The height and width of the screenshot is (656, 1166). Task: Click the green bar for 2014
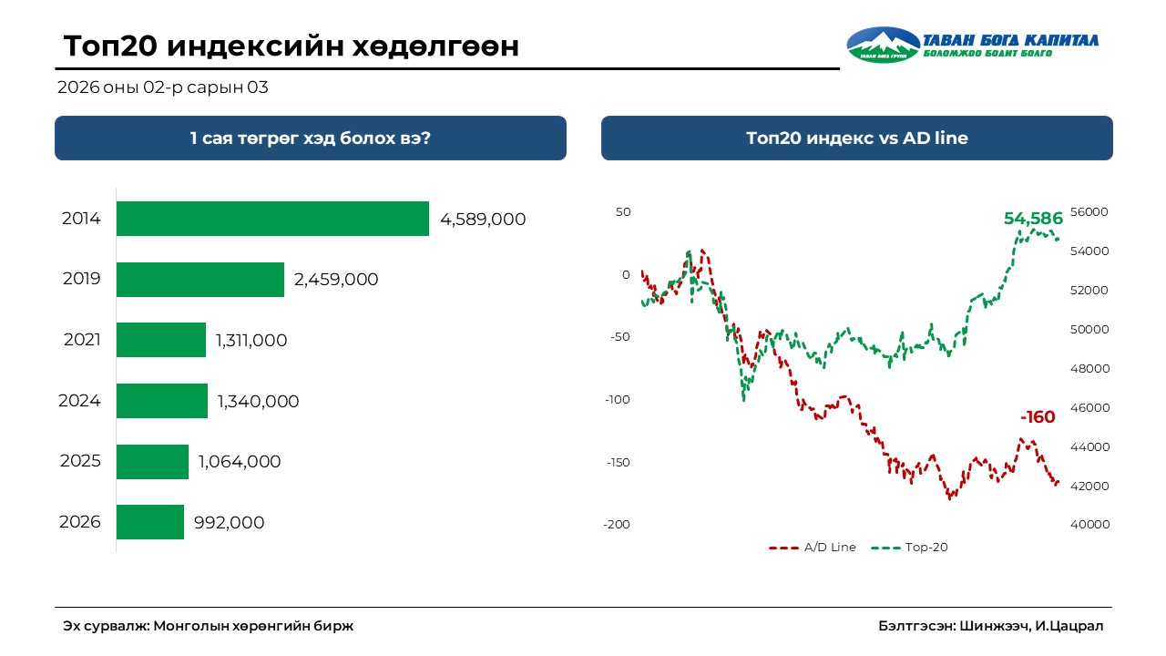tap(272, 219)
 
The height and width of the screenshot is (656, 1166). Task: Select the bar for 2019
tap(200, 280)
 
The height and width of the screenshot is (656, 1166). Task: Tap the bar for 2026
tap(150, 522)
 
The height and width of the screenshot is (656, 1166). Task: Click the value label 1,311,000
tap(251, 341)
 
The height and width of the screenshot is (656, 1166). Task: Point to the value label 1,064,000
tap(240, 462)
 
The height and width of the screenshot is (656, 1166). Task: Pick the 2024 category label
tap(79, 401)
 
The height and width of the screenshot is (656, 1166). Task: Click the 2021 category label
tap(82, 341)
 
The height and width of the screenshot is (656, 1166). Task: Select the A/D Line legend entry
tap(813, 548)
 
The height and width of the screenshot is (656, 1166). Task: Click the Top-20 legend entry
tap(911, 548)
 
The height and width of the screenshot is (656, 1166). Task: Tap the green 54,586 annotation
tap(1033, 219)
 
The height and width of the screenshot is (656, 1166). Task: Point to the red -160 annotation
tap(1038, 417)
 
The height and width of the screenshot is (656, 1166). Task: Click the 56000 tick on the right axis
tap(1089, 212)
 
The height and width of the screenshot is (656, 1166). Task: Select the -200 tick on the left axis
tap(616, 525)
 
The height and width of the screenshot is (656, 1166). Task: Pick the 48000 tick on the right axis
tap(1089, 369)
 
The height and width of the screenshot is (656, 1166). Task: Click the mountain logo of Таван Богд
tap(883, 45)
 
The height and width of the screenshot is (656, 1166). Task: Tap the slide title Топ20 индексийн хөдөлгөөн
tap(291, 46)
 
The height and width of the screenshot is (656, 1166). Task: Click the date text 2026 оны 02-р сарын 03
tap(162, 88)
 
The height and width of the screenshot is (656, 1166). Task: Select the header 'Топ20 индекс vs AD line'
tap(856, 138)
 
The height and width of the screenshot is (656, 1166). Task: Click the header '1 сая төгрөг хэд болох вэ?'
tap(310, 138)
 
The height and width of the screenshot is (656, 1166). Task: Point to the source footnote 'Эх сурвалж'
tap(208, 626)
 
